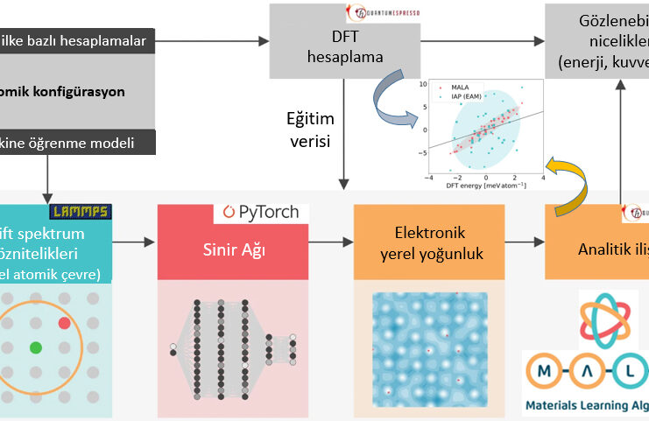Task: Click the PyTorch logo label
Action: tap(261, 212)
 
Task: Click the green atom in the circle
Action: tap(36, 347)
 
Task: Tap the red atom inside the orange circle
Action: tap(64, 324)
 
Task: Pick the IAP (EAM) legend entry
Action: tap(467, 95)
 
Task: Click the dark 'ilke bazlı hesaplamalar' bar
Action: tap(79, 39)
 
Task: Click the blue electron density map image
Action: tap(428, 350)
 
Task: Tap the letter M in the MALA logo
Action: tap(544, 372)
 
